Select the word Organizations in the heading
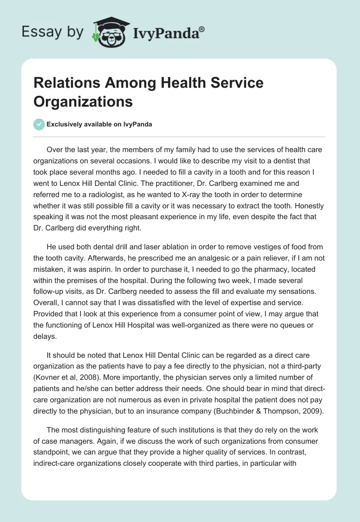click(83, 101)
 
